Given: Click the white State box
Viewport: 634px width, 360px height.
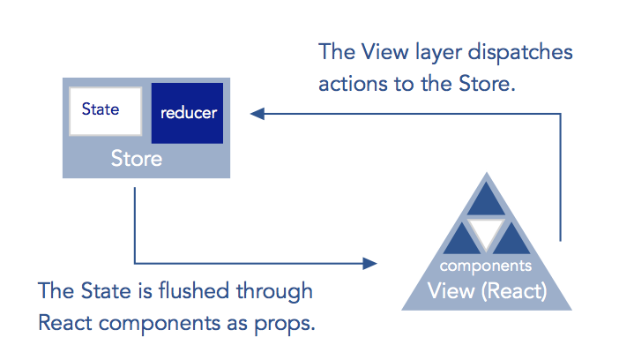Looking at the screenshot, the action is tap(106, 111).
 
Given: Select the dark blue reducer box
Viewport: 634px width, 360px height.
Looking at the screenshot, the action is tap(187, 113).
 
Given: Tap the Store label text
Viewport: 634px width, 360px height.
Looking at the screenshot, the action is tap(137, 158).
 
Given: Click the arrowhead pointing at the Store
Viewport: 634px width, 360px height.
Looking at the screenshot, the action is tap(257, 114).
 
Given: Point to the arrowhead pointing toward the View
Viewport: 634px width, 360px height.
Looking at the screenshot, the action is tap(370, 264).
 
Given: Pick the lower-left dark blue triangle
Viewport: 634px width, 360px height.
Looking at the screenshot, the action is tap(461, 239).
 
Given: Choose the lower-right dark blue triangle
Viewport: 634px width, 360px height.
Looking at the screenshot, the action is tap(511, 239).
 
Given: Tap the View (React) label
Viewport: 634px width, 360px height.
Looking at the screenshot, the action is tap(488, 291).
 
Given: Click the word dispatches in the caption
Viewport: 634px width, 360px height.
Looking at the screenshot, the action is tap(520, 53).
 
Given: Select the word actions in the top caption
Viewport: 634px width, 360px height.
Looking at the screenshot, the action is tap(354, 84).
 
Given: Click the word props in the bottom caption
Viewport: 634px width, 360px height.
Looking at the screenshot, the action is tap(284, 325).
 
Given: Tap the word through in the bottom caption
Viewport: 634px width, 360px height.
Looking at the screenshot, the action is tap(274, 292).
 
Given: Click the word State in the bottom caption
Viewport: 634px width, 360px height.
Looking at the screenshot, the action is tap(106, 291).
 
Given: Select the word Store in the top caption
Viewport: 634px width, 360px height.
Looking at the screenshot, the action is tap(487, 84).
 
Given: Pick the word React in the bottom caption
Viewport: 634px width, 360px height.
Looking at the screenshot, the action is tap(65, 323).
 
